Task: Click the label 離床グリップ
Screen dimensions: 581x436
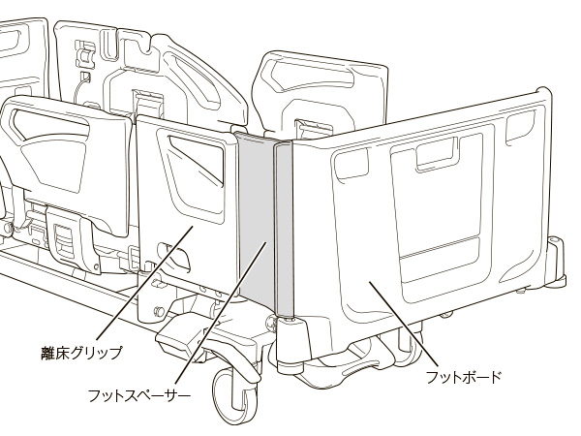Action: pos(81,353)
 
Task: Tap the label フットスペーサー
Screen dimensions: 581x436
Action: pos(138,395)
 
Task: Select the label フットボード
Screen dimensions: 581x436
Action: pos(463,378)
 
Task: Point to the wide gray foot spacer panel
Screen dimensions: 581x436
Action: pos(256,219)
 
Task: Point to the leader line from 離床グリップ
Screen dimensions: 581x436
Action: pos(144,283)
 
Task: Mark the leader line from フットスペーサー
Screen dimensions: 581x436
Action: pos(221,312)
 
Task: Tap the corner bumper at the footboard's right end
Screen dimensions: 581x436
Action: pos(557,264)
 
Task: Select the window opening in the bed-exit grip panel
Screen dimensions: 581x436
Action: pos(197,160)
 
